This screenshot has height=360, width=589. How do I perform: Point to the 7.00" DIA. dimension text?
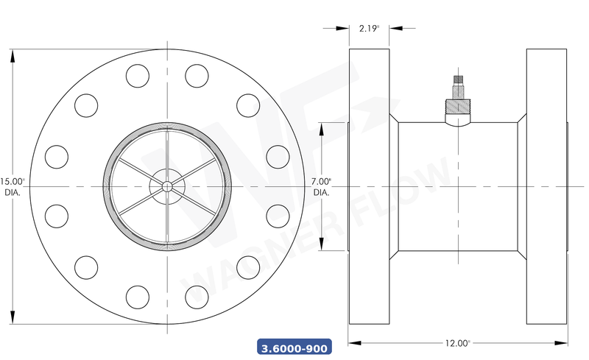tap(321, 186)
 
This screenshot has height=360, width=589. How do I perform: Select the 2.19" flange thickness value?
tap(369, 28)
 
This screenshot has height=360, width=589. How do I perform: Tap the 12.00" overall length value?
tap(457, 343)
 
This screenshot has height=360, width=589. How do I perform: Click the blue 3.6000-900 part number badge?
tap(294, 347)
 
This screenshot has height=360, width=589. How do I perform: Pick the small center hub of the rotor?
tap(167, 186)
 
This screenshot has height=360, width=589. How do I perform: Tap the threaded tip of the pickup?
tap(457, 79)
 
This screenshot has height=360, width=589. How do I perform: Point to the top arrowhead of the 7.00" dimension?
tap(321, 127)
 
